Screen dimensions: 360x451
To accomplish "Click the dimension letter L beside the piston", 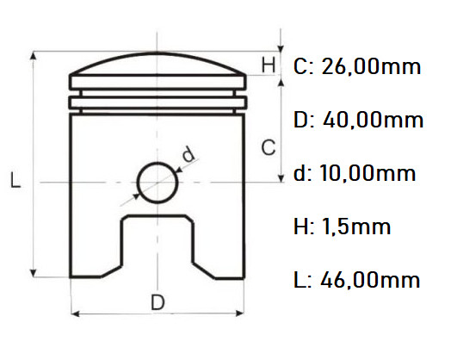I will click(x=15, y=180).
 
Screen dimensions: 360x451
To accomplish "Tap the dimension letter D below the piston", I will click(x=158, y=302).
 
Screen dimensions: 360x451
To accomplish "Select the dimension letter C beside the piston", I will click(x=269, y=147).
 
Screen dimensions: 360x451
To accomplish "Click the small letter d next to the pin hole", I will click(x=188, y=155).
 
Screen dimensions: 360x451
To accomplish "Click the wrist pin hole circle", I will click(x=157, y=182).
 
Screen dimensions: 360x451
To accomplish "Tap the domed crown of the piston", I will click(x=158, y=67).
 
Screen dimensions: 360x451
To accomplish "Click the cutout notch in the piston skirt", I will click(x=158, y=245).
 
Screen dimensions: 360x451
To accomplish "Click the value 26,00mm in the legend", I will click(x=371, y=66).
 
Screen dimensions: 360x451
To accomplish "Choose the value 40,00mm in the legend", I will click(x=373, y=120).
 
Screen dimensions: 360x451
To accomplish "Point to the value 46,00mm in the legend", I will click(x=370, y=280).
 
